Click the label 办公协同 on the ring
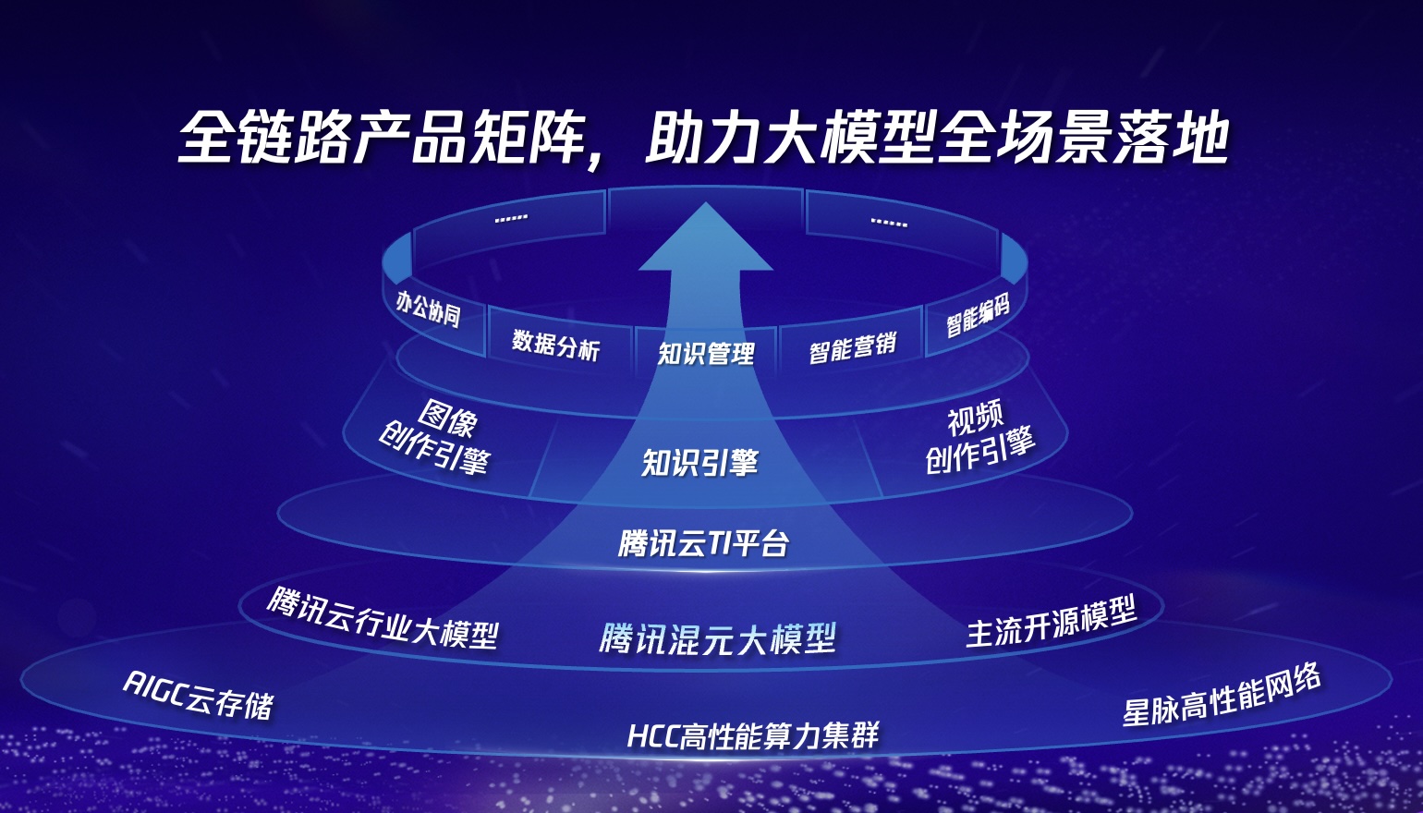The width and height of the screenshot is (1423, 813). click(428, 309)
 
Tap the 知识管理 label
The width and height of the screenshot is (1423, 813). click(706, 353)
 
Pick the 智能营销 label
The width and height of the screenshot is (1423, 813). click(853, 347)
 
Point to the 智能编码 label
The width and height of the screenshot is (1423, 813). click(978, 315)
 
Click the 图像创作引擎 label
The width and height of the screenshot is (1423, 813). click(437, 437)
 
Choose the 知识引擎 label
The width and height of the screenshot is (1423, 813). click(700, 462)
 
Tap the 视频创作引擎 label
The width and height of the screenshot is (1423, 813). click(979, 436)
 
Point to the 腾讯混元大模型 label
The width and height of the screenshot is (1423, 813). click(717, 639)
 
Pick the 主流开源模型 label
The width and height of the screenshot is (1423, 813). click(1052, 623)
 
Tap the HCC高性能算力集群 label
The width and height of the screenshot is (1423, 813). click(753, 736)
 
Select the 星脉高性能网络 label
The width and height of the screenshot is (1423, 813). click(1221, 695)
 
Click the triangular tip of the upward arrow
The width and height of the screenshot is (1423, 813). click(706, 203)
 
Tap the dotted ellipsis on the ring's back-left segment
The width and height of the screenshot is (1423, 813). click(511, 218)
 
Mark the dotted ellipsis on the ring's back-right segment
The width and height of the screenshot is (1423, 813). click(889, 223)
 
